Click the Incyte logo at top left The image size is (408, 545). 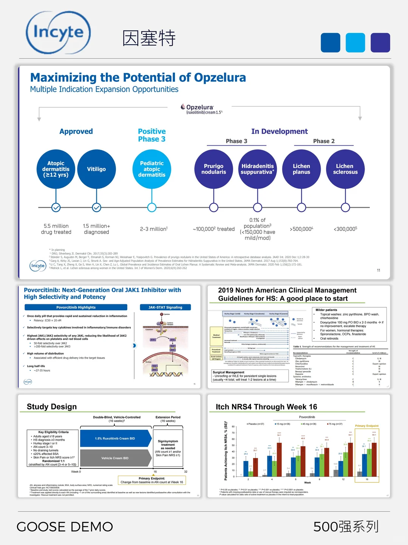tap(58, 33)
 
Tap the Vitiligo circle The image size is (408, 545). tap(96, 169)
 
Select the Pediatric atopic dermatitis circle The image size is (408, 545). tap(151, 169)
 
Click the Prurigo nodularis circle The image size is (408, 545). tap(213, 169)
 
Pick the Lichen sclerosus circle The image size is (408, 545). tap(345, 169)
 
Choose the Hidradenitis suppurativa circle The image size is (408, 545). tap(258, 169)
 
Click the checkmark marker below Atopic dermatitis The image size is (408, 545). tap(56, 207)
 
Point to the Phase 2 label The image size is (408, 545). tap(324, 141)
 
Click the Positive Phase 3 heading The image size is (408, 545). tap(151, 135)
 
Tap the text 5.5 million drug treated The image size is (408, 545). tap(56, 229)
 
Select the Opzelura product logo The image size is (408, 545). tap(201, 109)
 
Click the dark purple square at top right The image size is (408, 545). tap(380, 42)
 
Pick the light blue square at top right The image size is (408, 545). tap(355, 42)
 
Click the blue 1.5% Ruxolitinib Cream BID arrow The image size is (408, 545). tap(115, 438)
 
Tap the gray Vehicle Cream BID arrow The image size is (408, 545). tap(115, 458)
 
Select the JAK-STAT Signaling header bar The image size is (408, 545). tap(165, 307)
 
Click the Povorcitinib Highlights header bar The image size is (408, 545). tap(76, 307)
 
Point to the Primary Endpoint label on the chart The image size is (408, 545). tap(366, 426)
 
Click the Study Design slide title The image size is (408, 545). tap(52, 407)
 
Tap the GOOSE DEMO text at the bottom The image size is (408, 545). tap(65, 526)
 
